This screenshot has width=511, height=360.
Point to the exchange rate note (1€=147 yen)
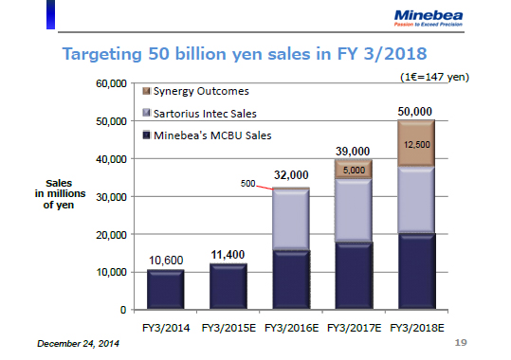pos(445,75)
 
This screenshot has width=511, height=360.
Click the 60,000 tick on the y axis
pos(112,84)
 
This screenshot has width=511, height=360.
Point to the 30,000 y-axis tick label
pos(112,197)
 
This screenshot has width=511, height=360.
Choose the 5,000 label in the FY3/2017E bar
pos(353,170)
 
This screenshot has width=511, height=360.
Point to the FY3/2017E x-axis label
pos(353,327)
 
